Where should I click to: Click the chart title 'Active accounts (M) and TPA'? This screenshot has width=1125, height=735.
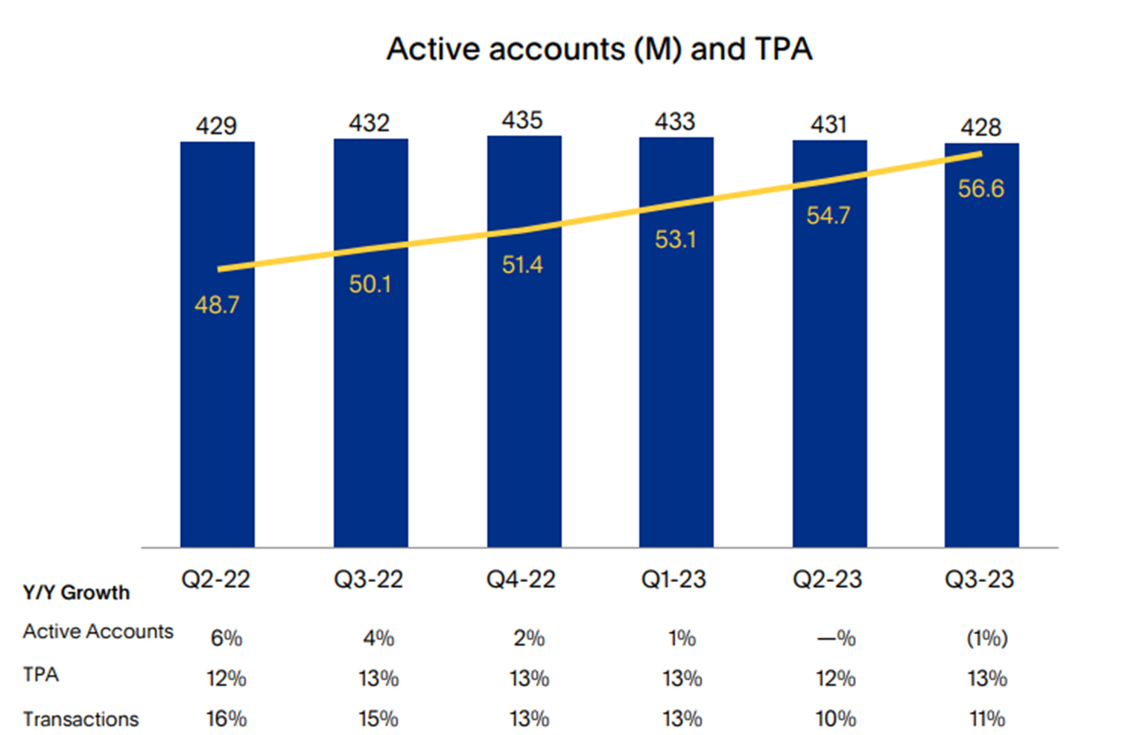coord(599,49)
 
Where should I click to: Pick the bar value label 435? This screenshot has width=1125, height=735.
coord(522,120)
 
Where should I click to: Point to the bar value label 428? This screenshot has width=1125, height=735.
coord(980,127)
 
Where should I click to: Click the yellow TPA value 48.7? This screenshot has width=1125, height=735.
coord(217,305)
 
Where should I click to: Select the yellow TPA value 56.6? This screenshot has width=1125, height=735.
coord(980,189)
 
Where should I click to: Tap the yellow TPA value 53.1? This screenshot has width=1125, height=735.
coord(675,239)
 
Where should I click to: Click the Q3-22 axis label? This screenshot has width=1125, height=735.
coord(368,579)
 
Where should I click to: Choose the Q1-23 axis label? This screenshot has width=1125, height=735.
coord(674,579)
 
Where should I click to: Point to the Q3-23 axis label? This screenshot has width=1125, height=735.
coord(979,579)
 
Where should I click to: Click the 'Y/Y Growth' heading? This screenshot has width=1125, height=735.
coord(76,593)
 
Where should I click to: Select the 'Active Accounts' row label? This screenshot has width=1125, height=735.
coord(98,631)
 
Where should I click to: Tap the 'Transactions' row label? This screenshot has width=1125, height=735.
coord(80,719)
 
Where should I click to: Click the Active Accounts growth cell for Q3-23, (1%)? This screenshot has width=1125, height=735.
coord(986,638)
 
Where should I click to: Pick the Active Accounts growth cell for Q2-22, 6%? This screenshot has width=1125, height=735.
coord(226,638)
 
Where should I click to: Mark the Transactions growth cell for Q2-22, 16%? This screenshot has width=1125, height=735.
coord(226,719)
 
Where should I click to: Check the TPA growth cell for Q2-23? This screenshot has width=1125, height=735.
coord(835,678)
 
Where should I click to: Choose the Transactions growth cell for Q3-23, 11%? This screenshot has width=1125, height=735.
coord(986,719)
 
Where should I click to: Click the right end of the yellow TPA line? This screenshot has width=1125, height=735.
coord(980,154)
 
